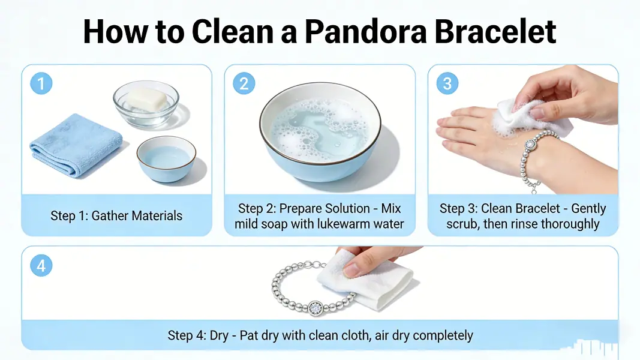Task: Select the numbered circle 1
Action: click(x=41, y=83)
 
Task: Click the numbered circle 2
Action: click(x=244, y=83)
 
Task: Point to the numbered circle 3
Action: click(x=446, y=83)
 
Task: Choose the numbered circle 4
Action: click(x=41, y=265)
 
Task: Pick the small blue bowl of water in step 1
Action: click(x=166, y=159)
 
